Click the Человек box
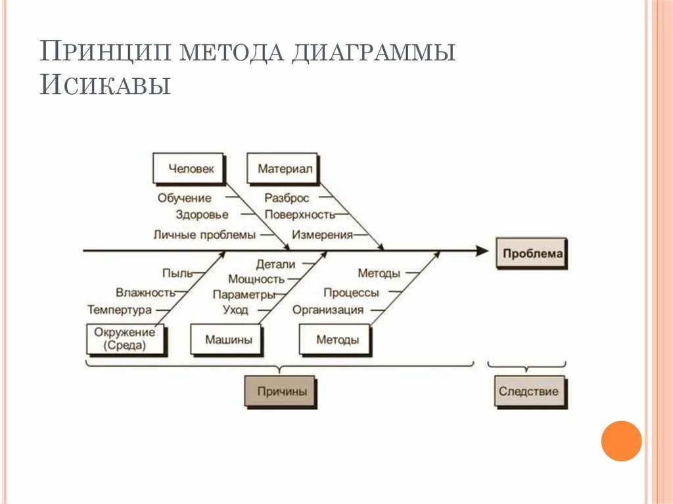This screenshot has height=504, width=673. coord(189,169)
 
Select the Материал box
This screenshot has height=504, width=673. coord(283,169)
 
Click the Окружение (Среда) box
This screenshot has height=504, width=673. coord(125,340)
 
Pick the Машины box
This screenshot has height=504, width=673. coord(226,340)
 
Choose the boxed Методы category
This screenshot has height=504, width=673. coord(335,340)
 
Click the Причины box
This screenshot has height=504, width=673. coord(281,392)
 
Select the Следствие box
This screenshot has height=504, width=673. coord(529,392)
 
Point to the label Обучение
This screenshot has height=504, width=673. coord(185,198)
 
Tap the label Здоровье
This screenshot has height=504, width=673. coord(202,215)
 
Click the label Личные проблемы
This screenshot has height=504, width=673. coord(204,235)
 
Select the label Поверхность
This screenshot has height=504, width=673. coord(300,215)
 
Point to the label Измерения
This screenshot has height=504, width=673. coord(323,235)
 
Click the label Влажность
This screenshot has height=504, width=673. coord(146,292)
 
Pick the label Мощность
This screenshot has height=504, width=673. coord(256,279)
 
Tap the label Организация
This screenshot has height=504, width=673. coord(328,309)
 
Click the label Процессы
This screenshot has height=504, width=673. coord(351,292)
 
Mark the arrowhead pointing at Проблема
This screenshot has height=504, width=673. coord(482,251)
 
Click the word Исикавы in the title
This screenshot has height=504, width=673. coord(105,86)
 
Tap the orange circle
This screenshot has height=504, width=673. coord(620,441)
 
